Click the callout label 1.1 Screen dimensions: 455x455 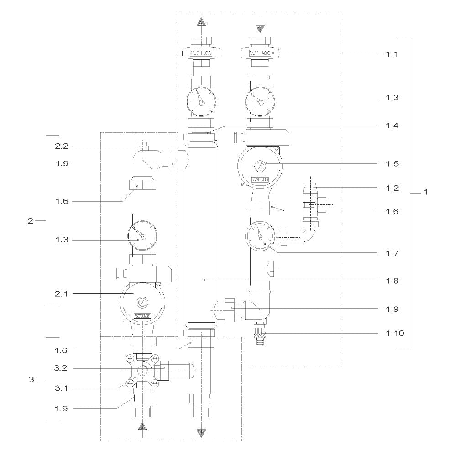pyautogui.click(x=392, y=54)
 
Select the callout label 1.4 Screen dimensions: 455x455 pyautogui.click(x=392, y=126)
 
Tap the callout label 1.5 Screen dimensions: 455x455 pyautogui.click(x=392, y=164)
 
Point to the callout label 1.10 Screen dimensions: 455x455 pyautogui.click(x=395, y=333)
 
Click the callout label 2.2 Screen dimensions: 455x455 pyautogui.click(x=62, y=146)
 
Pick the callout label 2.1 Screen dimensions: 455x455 pyautogui.click(x=61, y=293)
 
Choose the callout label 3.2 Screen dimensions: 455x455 pyautogui.click(x=61, y=368)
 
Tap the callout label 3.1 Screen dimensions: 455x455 pyautogui.click(x=61, y=388)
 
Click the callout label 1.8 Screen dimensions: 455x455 pyautogui.click(x=392, y=281)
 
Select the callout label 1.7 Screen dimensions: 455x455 pyautogui.click(x=392, y=253)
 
